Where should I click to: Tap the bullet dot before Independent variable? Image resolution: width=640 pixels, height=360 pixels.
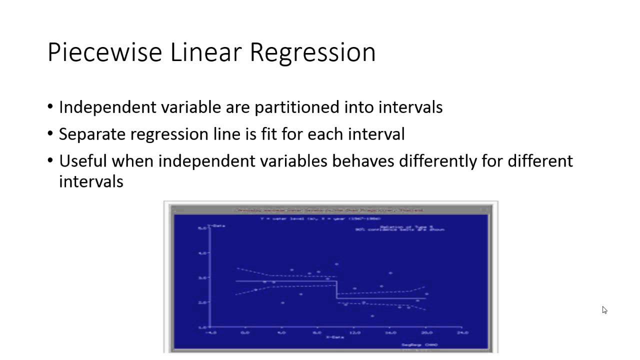(50, 107)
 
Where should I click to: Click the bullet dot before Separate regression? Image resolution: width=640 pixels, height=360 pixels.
(50, 134)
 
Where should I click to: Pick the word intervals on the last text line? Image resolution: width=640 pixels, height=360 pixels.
(91, 181)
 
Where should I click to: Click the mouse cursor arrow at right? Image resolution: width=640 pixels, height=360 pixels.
(604, 310)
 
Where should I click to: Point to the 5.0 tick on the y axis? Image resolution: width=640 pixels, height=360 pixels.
(202, 228)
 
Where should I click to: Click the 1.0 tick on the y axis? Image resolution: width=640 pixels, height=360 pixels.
(202, 327)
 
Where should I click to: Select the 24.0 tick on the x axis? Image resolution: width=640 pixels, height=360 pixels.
(462, 332)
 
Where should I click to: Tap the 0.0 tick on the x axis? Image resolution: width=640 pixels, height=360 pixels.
(245, 332)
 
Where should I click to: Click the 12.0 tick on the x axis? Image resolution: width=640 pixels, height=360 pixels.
(354, 332)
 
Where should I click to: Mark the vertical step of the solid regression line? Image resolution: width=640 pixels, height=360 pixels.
(336, 290)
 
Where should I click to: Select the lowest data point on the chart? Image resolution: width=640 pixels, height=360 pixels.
(372, 316)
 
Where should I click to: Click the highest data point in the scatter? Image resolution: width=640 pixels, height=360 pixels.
(336, 264)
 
